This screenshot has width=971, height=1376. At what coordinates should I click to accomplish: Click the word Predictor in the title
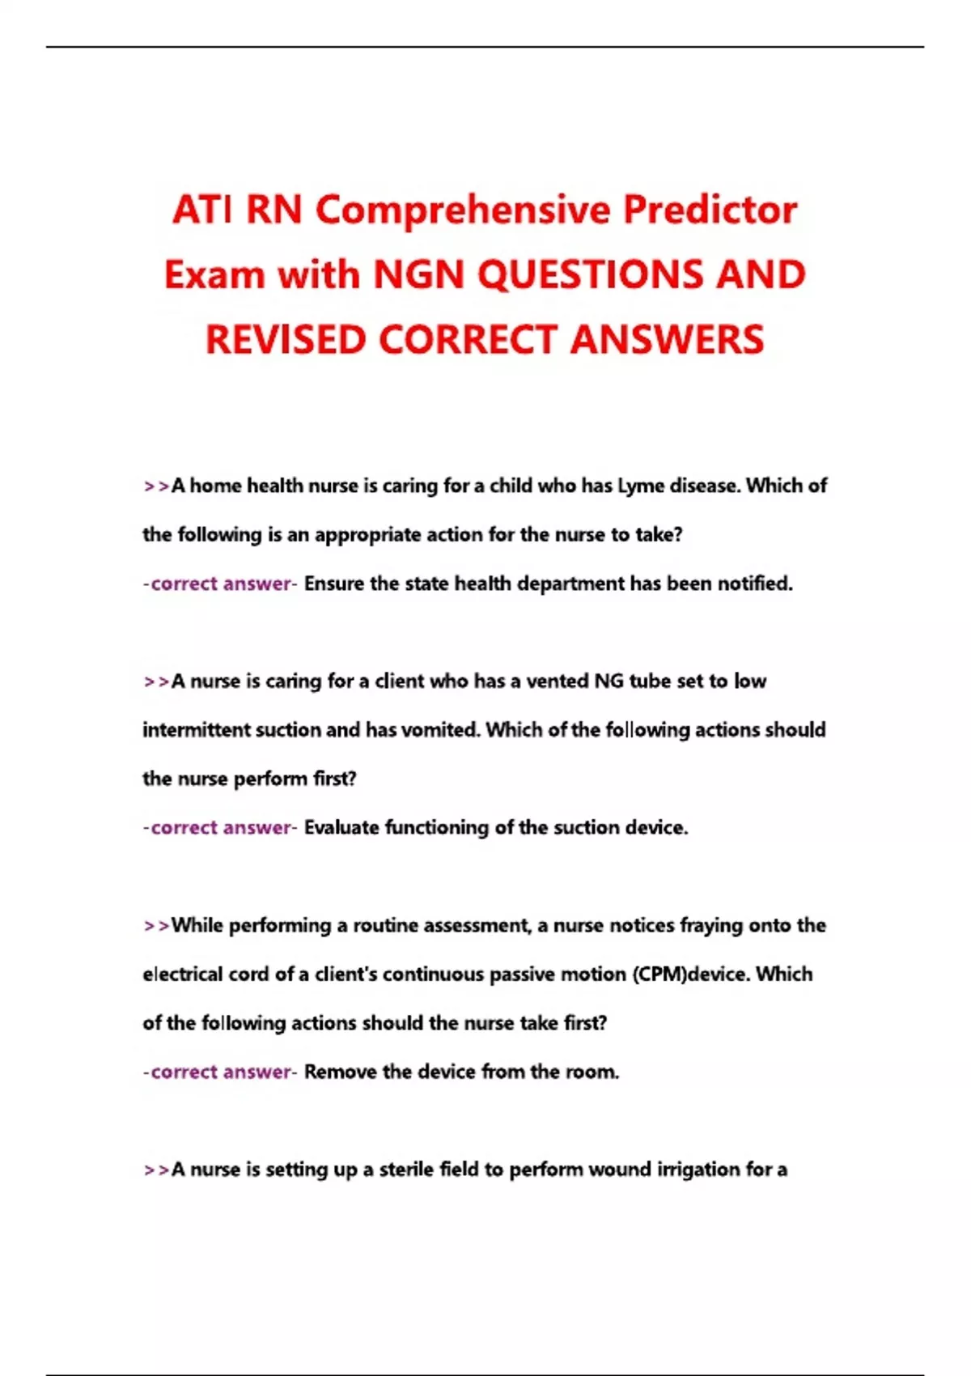(710, 210)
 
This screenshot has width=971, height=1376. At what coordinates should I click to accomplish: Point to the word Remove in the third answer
(340, 1072)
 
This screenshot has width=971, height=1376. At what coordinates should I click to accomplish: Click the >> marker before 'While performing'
(156, 926)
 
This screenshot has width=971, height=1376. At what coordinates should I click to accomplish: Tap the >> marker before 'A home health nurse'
(156, 486)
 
